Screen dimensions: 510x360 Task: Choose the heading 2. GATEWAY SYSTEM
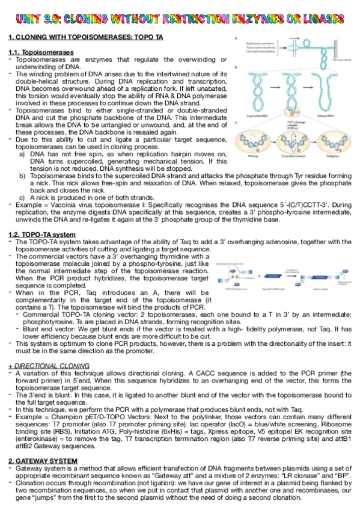pyautogui.click(x=43, y=460)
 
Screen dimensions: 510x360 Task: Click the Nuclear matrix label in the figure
pyautogui.click(x=340, y=60)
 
